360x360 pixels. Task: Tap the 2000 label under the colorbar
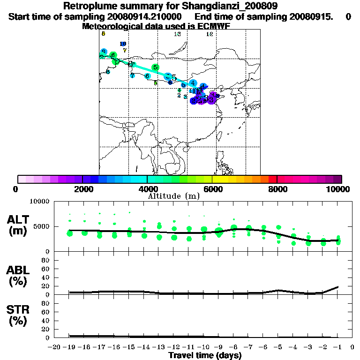coord(82,189)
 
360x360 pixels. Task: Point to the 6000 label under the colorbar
coord(212,189)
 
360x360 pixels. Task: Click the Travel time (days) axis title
coord(205,355)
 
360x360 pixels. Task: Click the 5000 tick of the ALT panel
coord(41,226)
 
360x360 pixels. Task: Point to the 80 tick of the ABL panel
coord(46,260)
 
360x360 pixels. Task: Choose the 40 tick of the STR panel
coord(46,321)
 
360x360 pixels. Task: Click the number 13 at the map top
coord(177,34)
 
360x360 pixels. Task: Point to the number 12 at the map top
coord(210,34)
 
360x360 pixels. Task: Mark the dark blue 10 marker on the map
coord(123,44)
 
